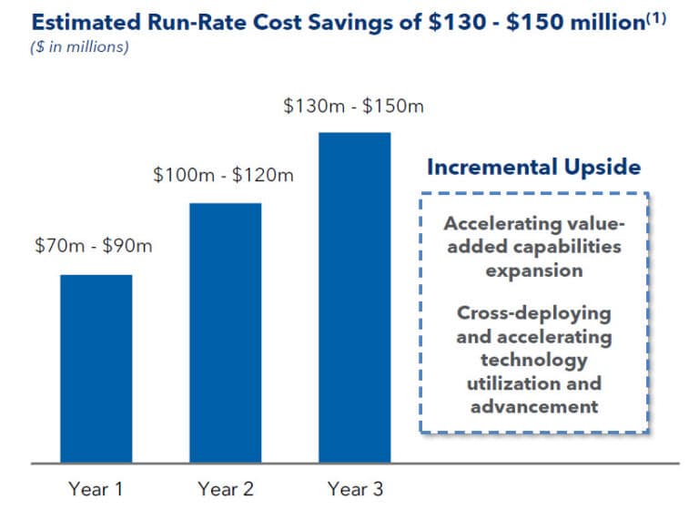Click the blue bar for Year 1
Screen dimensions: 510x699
(x=96, y=368)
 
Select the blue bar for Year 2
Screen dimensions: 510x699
(x=225, y=332)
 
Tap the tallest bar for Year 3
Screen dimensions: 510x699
(x=354, y=297)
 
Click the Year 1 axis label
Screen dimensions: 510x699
(x=96, y=489)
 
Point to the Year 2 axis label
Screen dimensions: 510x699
(x=225, y=489)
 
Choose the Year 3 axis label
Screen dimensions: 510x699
(x=354, y=489)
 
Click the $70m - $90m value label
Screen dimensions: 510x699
(x=93, y=246)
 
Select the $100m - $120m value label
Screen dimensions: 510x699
(x=223, y=174)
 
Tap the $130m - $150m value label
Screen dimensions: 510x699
(x=353, y=106)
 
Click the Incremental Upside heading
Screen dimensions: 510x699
(x=534, y=167)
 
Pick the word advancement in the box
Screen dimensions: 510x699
(x=534, y=406)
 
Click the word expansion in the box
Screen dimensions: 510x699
(x=534, y=270)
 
